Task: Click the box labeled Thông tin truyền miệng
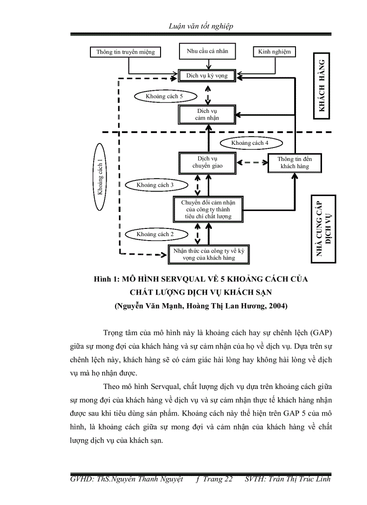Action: [x=125, y=52]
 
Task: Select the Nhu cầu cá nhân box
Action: [x=207, y=51]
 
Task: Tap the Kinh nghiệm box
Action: [x=274, y=52]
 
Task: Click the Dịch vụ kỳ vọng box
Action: [x=207, y=76]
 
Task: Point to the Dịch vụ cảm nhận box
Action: [x=207, y=114]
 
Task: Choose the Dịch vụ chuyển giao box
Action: [x=207, y=162]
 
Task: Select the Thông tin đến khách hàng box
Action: [x=295, y=163]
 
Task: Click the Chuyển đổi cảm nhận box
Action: [x=208, y=209]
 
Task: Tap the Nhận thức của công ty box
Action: [x=208, y=255]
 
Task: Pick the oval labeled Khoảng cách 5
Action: [x=164, y=96]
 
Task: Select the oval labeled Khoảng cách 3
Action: [x=155, y=185]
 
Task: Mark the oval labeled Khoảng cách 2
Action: [x=155, y=234]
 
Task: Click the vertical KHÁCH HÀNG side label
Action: [x=322, y=86]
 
